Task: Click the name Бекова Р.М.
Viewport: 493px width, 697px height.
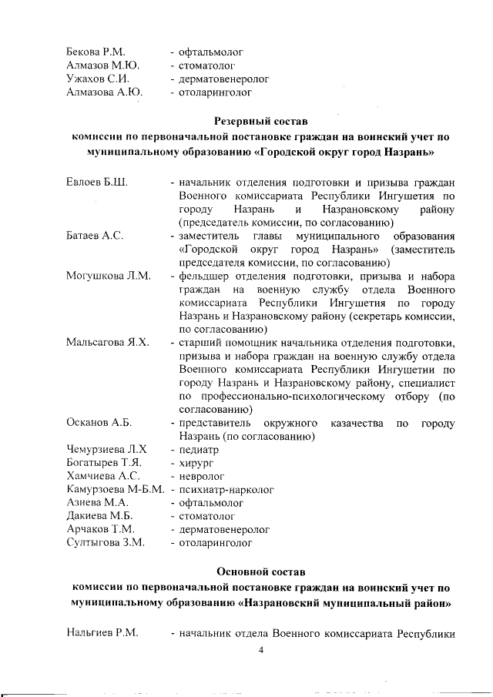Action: pyautogui.click(x=96, y=52)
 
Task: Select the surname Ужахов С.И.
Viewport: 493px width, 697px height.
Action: pyautogui.click(x=97, y=79)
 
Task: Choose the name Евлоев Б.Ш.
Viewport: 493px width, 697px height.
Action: pyautogui.click(x=97, y=183)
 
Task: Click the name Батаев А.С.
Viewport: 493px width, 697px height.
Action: pyautogui.click(x=95, y=235)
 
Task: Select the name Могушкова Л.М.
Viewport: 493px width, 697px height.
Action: pyautogui.click(x=109, y=275)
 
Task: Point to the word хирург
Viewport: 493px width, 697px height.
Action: pyautogui.click(x=196, y=463)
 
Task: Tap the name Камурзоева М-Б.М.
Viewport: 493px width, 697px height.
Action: pyautogui.click(x=116, y=489)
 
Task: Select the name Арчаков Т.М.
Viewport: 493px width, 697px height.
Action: pyautogui.click(x=101, y=530)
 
